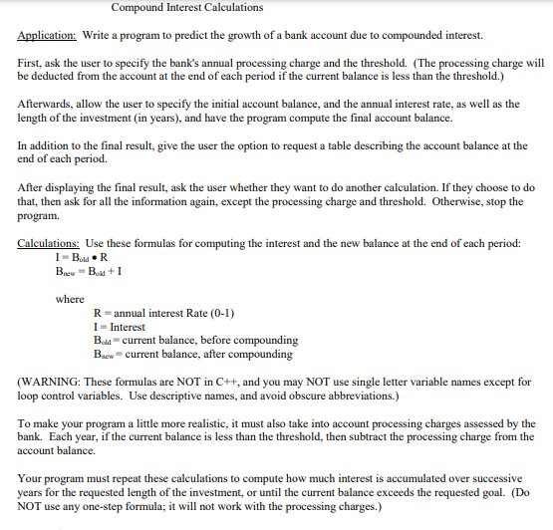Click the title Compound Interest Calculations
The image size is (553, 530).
click(x=186, y=8)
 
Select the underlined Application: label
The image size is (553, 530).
click(x=50, y=35)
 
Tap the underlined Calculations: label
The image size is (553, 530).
click(x=50, y=244)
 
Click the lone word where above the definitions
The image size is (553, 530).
click(x=70, y=299)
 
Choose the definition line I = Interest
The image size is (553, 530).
click(x=118, y=327)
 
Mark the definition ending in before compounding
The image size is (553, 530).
click(x=191, y=341)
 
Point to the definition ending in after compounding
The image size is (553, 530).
click(x=191, y=354)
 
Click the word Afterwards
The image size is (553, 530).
click(x=48, y=105)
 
